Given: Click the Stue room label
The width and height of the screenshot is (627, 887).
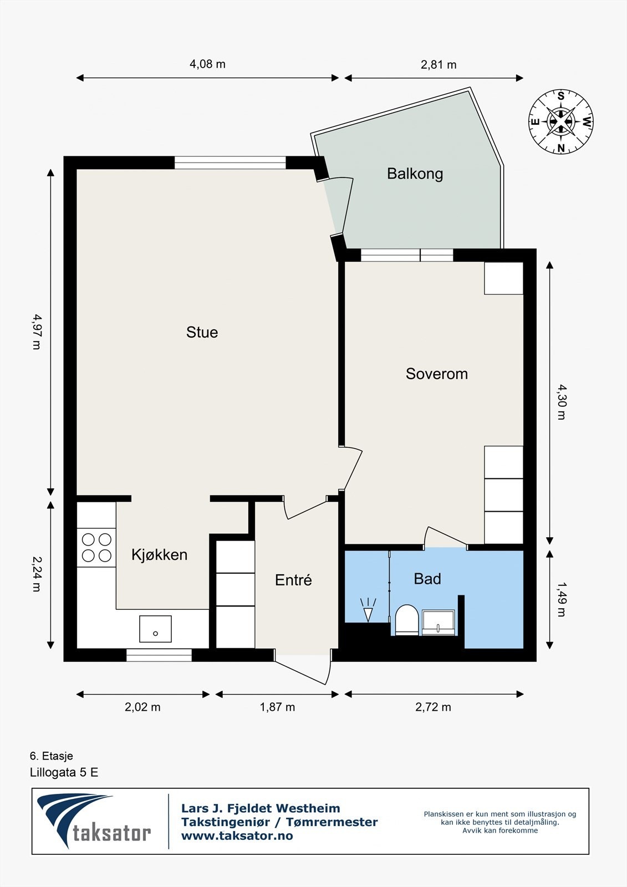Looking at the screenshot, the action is coord(202,332).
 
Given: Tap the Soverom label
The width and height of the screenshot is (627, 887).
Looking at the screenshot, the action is coord(436,374).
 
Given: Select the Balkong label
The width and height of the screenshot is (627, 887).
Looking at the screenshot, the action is coord(415,174).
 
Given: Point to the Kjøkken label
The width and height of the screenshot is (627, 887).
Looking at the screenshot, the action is coord(159,555).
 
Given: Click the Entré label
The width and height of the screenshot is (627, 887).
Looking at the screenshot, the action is coord(293,580).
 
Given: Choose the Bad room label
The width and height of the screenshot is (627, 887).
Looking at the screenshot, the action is coord(427,579).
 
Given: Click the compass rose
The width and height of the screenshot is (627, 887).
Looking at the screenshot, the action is coord(561,121).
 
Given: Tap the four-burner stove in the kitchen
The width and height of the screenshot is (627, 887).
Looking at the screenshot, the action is coord(96,548).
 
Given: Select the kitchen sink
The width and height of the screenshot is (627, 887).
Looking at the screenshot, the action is coord(155,629).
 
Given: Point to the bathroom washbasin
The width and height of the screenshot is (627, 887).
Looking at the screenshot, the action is coord(438,623).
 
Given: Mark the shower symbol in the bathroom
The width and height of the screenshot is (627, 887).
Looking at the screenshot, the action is coord(368,610).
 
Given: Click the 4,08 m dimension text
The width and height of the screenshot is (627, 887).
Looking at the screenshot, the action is coord(207,64).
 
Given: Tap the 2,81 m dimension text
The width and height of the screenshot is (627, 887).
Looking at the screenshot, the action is coord(439,64).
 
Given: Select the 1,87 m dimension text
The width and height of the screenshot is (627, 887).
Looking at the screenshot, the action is coord(277,707).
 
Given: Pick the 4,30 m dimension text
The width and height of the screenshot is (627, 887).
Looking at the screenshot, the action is coord(562,401).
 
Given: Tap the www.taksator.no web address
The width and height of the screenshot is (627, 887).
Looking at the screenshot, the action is coord(237,836).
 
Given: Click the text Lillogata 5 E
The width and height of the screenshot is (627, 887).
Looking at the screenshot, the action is coord(64,773).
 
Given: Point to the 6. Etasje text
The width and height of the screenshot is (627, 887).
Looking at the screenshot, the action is coord(52,756).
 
